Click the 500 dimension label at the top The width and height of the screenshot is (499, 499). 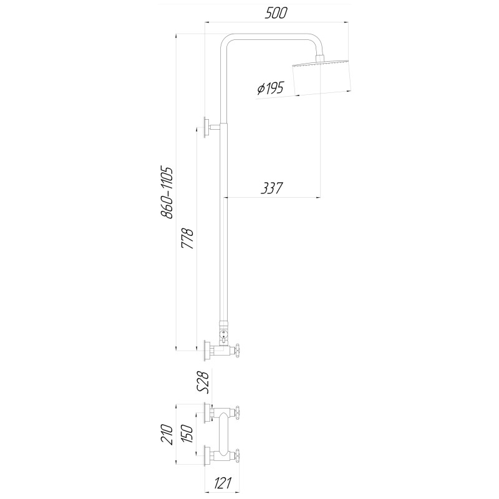(x=276, y=13)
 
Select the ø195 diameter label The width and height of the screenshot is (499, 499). (x=270, y=88)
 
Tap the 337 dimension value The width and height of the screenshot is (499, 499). (x=271, y=188)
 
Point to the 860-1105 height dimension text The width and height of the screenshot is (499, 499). (x=167, y=192)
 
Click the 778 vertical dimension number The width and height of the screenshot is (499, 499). (x=187, y=238)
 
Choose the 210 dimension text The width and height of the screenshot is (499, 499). (x=167, y=434)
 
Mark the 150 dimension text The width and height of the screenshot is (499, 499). (x=187, y=434)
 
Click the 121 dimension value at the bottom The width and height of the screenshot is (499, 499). (x=222, y=483)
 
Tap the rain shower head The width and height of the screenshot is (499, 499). (x=321, y=77)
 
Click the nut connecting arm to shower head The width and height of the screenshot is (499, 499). (x=320, y=59)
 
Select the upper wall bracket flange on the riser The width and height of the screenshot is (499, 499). (x=206, y=127)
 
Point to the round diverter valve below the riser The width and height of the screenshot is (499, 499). (x=224, y=334)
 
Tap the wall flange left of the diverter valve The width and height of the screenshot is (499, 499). (x=207, y=351)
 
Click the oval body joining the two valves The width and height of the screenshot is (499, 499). (x=224, y=434)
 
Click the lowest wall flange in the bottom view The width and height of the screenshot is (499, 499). (x=207, y=456)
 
